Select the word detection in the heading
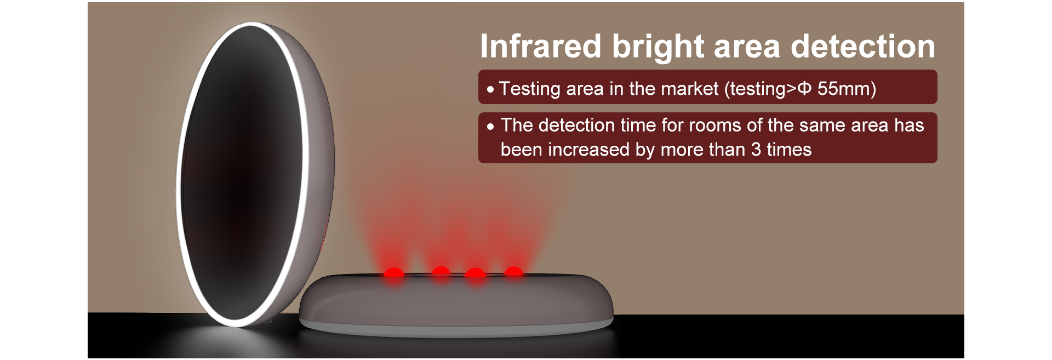(x=863, y=46)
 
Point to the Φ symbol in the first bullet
(x=804, y=89)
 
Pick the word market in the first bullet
(x=688, y=89)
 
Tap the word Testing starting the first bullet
(x=529, y=89)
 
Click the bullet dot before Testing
(x=490, y=89)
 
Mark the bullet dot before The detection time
(x=490, y=126)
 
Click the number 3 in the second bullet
(x=756, y=150)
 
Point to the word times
(x=789, y=150)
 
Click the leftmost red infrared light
(x=393, y=272)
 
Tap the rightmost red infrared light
(x=513, y=271)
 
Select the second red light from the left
(x=441, y=271)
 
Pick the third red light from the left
(x=474, y=272)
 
